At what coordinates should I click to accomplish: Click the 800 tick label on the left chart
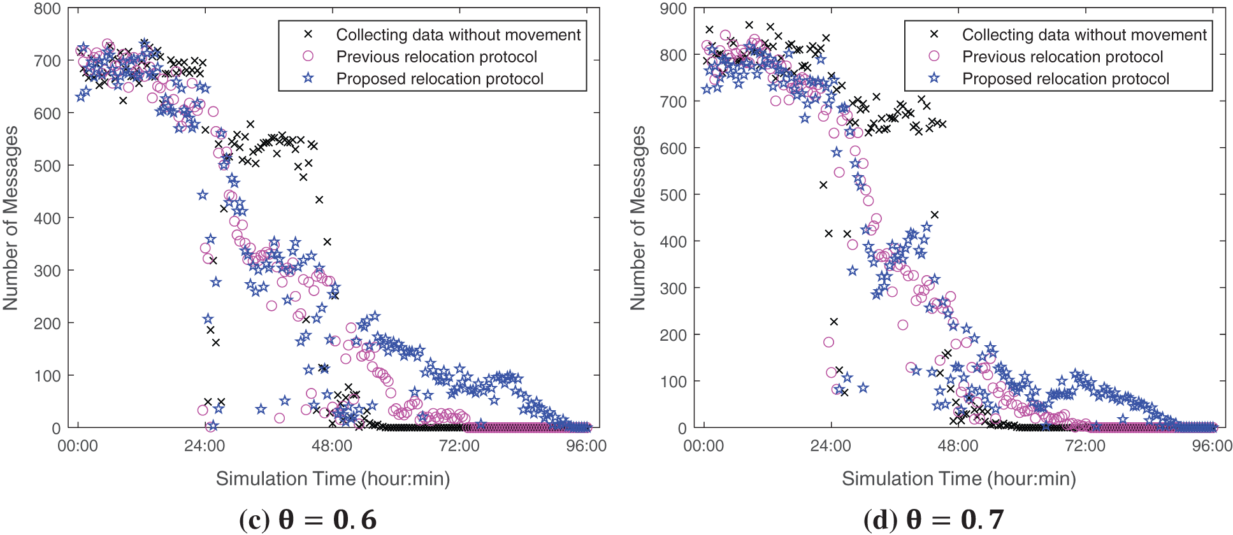point(47,9)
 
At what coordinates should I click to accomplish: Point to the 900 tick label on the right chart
point(674,9)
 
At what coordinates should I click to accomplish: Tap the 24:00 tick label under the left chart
point(205,446)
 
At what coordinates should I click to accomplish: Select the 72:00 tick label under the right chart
point(1085,446)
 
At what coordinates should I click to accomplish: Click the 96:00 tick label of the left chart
point(586,446)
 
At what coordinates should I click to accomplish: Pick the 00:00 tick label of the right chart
point(703,446)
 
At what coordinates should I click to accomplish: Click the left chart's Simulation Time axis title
point(333,479)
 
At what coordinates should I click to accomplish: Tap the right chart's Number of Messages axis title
point(638,218)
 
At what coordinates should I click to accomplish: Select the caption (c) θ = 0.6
point(308,520)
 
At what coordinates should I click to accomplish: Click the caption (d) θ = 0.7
point(934,520)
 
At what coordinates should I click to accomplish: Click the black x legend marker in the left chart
point(308,34)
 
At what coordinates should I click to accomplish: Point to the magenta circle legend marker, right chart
point(934,56)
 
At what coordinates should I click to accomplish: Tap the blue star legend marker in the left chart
point(308,78)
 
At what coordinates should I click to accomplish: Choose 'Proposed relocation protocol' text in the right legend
point(1065,79)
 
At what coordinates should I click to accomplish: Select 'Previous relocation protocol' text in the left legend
point(436,57)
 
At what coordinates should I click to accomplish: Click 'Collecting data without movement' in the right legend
point(1084,34)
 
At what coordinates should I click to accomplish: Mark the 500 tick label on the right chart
point(674,195)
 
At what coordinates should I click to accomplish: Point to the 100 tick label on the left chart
point(47,376)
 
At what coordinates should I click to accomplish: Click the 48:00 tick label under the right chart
point(958,446)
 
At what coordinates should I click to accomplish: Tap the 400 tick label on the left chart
point(47,218)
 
